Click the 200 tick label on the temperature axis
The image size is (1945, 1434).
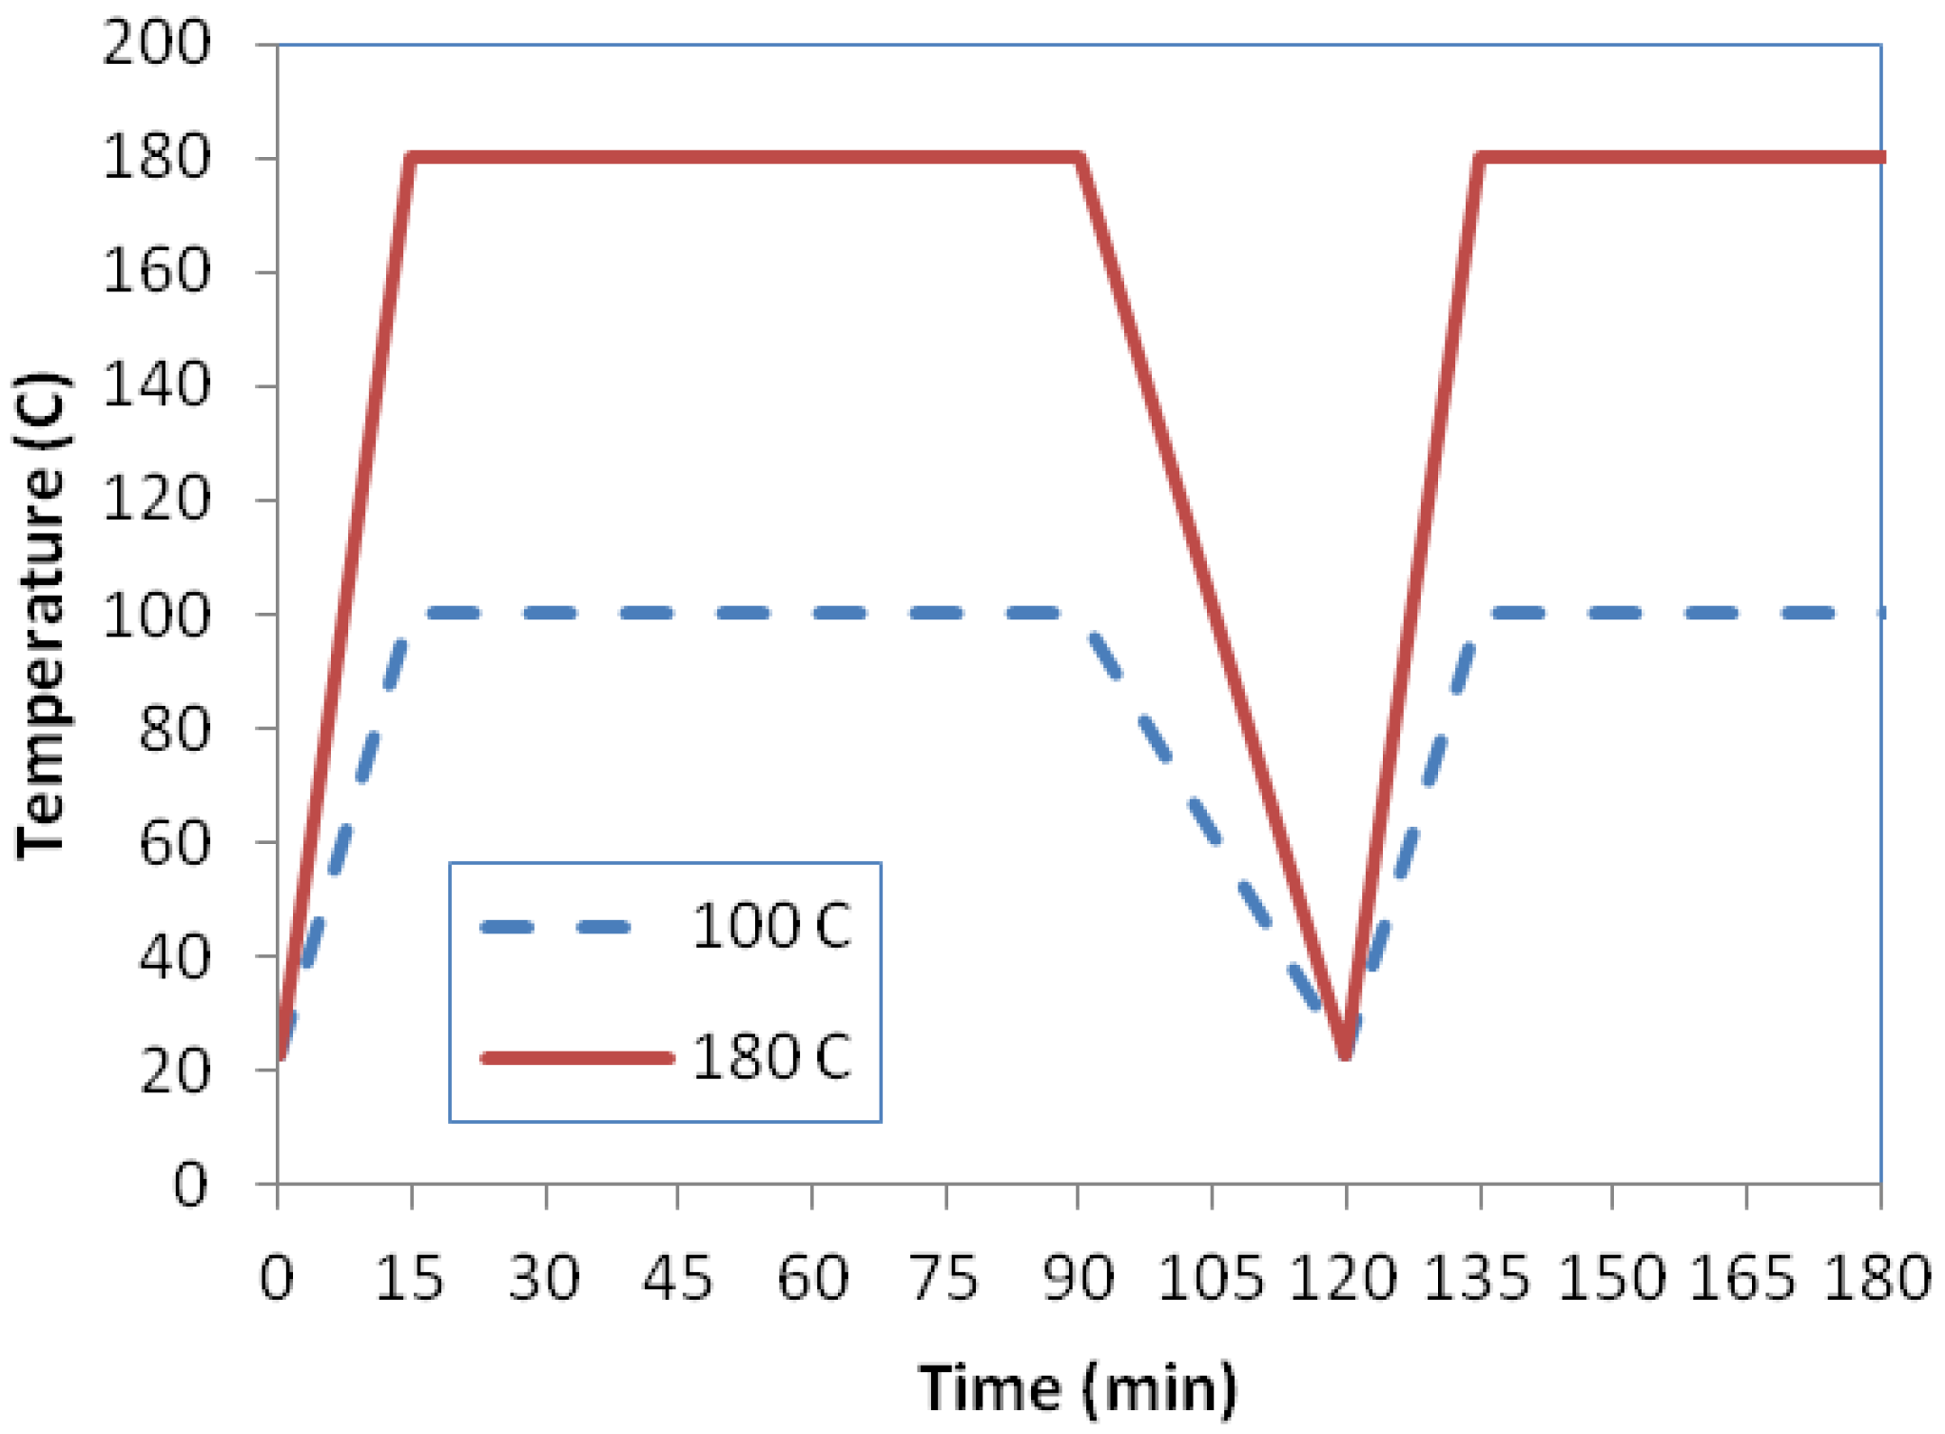pyautogui.click(x=156, y=43)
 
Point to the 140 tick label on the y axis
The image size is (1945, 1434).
pyautogui.click(x=156, y=385)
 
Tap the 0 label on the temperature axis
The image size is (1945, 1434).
pyautogui.click(x=189, y=1185)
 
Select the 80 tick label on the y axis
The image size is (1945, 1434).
pyautogui.click(x=174, y=729)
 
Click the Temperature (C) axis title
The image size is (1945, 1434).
pyautogui.click(x=41, y=617)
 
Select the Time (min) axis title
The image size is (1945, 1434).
pyautogui.click(x=1078, y=1388)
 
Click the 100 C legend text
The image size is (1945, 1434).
pyautogui.click(x=771, y=926)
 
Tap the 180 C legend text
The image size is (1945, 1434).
pyautogui.click(x=771, y=1056)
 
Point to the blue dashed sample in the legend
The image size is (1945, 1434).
pyautogui.click(x=556, y=927)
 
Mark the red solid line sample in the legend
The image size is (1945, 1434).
pyautogui.click(x=577, y=1057)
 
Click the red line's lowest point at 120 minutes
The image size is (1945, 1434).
pyautogui.click(x=1345, y=1052)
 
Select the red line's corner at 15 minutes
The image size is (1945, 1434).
pyautogui.click(x=412, y=158)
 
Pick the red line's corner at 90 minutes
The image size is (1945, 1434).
pyautogui.click(x=1079, y=158)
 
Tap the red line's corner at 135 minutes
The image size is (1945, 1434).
pyautogui.click(x=1480, y=158)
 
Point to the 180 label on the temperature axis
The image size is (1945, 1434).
pyautogui.click(x=156, y=158)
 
